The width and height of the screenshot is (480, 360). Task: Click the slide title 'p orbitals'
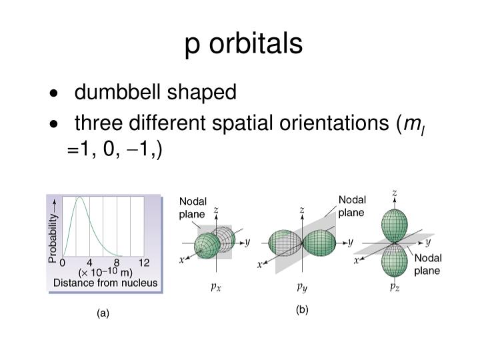pos(243,44)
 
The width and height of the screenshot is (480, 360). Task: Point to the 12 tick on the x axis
pos(144,262)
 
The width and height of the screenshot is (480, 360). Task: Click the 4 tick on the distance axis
pos(89,262)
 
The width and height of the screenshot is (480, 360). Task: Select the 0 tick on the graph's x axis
pos(63,262)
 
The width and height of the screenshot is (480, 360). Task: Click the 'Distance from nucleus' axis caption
pos(105,283)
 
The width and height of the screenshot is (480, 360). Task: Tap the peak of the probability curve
pos(79,198)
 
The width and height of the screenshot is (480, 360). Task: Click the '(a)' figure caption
pos(102,313)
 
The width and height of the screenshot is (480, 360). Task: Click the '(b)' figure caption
pos(303,309)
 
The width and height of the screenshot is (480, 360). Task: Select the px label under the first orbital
pos(214,287)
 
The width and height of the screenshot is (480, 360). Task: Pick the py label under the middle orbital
pos(301,287)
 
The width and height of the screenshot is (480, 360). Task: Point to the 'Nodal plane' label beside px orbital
pos(193,207)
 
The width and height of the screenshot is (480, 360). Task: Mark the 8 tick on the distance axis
pos(116,262)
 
